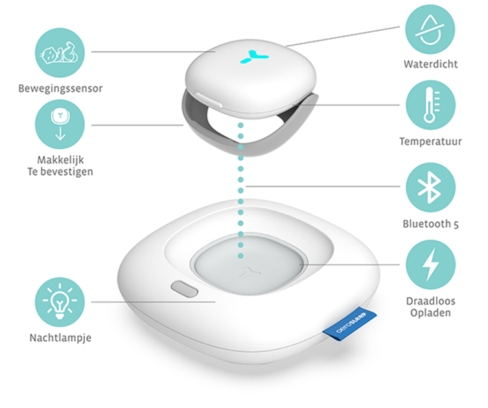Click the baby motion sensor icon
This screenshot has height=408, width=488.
[60, 53]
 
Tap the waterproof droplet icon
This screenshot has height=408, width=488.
[430, 29]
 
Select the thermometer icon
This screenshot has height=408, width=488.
[430, 105]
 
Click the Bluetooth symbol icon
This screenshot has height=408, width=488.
[430, 187]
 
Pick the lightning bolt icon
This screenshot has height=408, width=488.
[430, 265]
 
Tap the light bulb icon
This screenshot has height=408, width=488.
[60, 302]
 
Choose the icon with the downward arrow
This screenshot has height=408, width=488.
[60, 125]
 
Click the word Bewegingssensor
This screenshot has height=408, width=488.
[60, 88]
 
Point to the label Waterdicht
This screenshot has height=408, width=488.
[431, 64]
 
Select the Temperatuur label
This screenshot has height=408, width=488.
[431, 141]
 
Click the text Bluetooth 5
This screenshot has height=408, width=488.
[431, 224]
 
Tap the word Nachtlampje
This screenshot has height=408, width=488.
[60, 338]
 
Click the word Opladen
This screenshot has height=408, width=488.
[431, 313]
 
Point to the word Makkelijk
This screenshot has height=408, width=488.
[60, 160]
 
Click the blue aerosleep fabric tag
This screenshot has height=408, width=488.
[350, 324]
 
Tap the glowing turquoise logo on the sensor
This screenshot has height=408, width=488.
[254, 56]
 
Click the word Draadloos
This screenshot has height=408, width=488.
[431, 301]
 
